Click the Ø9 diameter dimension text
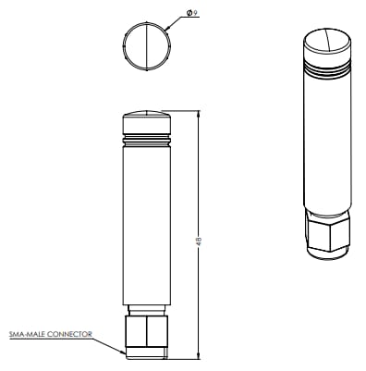point(191,13)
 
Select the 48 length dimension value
point(200,240)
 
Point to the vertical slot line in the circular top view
point(147,46)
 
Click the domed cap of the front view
point(147,120)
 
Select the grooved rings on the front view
point(147,141)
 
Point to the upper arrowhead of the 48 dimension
point(200,115)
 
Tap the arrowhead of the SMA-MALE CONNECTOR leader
point(124,352)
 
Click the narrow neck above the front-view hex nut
point(147,309)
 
